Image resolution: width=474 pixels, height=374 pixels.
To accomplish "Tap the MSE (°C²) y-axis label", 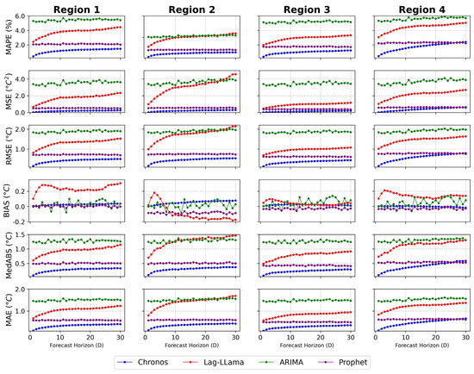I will coord(9,92).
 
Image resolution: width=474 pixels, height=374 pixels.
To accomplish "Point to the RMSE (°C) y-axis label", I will coord(9,147).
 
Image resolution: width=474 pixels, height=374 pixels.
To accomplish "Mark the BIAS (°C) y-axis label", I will coord(9,202).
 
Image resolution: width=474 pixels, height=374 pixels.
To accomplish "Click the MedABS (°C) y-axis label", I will coord(9,256).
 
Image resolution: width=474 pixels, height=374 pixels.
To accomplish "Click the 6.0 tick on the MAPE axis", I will coord(20,16).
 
